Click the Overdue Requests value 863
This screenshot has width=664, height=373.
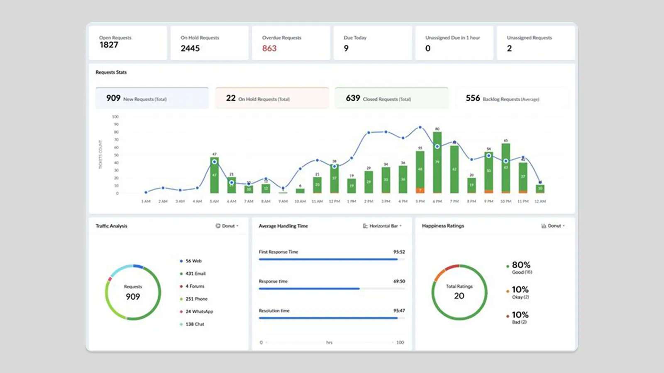click(269, 48)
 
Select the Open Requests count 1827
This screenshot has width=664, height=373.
click(109, 45)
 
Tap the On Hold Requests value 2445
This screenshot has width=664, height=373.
click(190, 48)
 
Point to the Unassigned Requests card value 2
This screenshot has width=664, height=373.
click(509, 48)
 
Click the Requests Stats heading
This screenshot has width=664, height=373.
click(111, 72)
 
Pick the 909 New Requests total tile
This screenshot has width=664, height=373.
click(152, 98)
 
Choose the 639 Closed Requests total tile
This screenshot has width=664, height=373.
click(391, 98)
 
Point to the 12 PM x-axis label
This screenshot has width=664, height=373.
click(334, 201)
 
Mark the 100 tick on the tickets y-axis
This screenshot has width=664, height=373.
click(115, 117)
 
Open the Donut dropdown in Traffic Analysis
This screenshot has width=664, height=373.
click(227, 226)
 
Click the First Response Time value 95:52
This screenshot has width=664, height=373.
click(399, 252)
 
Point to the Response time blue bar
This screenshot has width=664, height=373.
click(309, 288)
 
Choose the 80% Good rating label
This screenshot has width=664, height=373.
click(521, 265)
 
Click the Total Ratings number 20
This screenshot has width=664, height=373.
click(459, 296)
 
